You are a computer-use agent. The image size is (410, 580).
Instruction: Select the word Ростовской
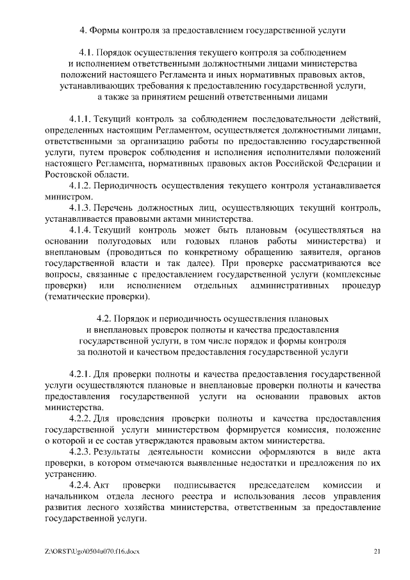pyautogui.click(x=71, y=175)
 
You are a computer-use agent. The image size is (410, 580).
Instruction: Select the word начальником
pyautogui.click(x=73, y=496)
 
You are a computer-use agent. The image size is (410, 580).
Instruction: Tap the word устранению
pyautogui.click(x=70, y=474)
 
